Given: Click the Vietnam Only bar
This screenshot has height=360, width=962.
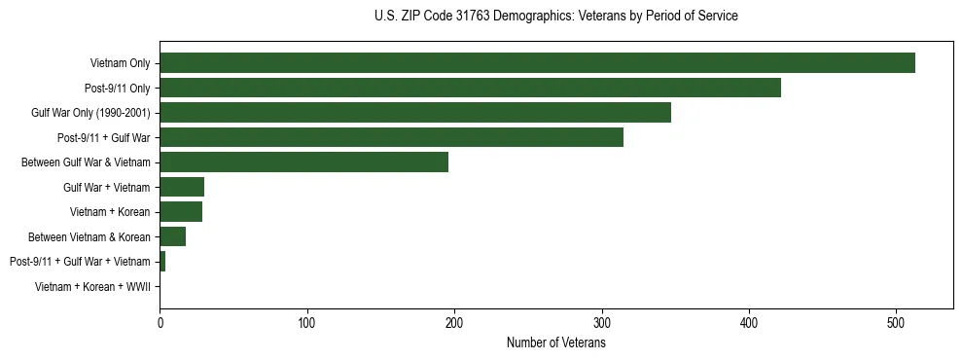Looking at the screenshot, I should [x=537, y=63].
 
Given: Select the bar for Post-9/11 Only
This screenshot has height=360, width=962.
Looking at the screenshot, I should [x=470, y=88].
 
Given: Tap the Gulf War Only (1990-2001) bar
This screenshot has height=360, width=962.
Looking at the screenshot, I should [x=415, y=113].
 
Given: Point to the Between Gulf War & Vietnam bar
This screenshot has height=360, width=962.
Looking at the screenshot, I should [x=303, y=162].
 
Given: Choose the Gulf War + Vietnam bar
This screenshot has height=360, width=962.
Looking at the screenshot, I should [x=182, y=187].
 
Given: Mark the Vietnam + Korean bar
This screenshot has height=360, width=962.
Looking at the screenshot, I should [x=181, y=212].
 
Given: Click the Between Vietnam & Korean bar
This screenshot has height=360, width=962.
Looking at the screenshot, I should [x=172, y=236].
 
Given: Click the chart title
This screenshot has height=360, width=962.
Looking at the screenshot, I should [x=555, y=17].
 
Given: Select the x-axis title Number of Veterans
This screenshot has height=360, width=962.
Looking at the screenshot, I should [x=555, y=342].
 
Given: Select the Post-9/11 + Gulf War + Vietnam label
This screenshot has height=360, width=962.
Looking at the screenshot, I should [x=80, y=262].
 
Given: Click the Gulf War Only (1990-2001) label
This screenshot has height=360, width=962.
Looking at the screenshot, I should [x=90, y=113].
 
